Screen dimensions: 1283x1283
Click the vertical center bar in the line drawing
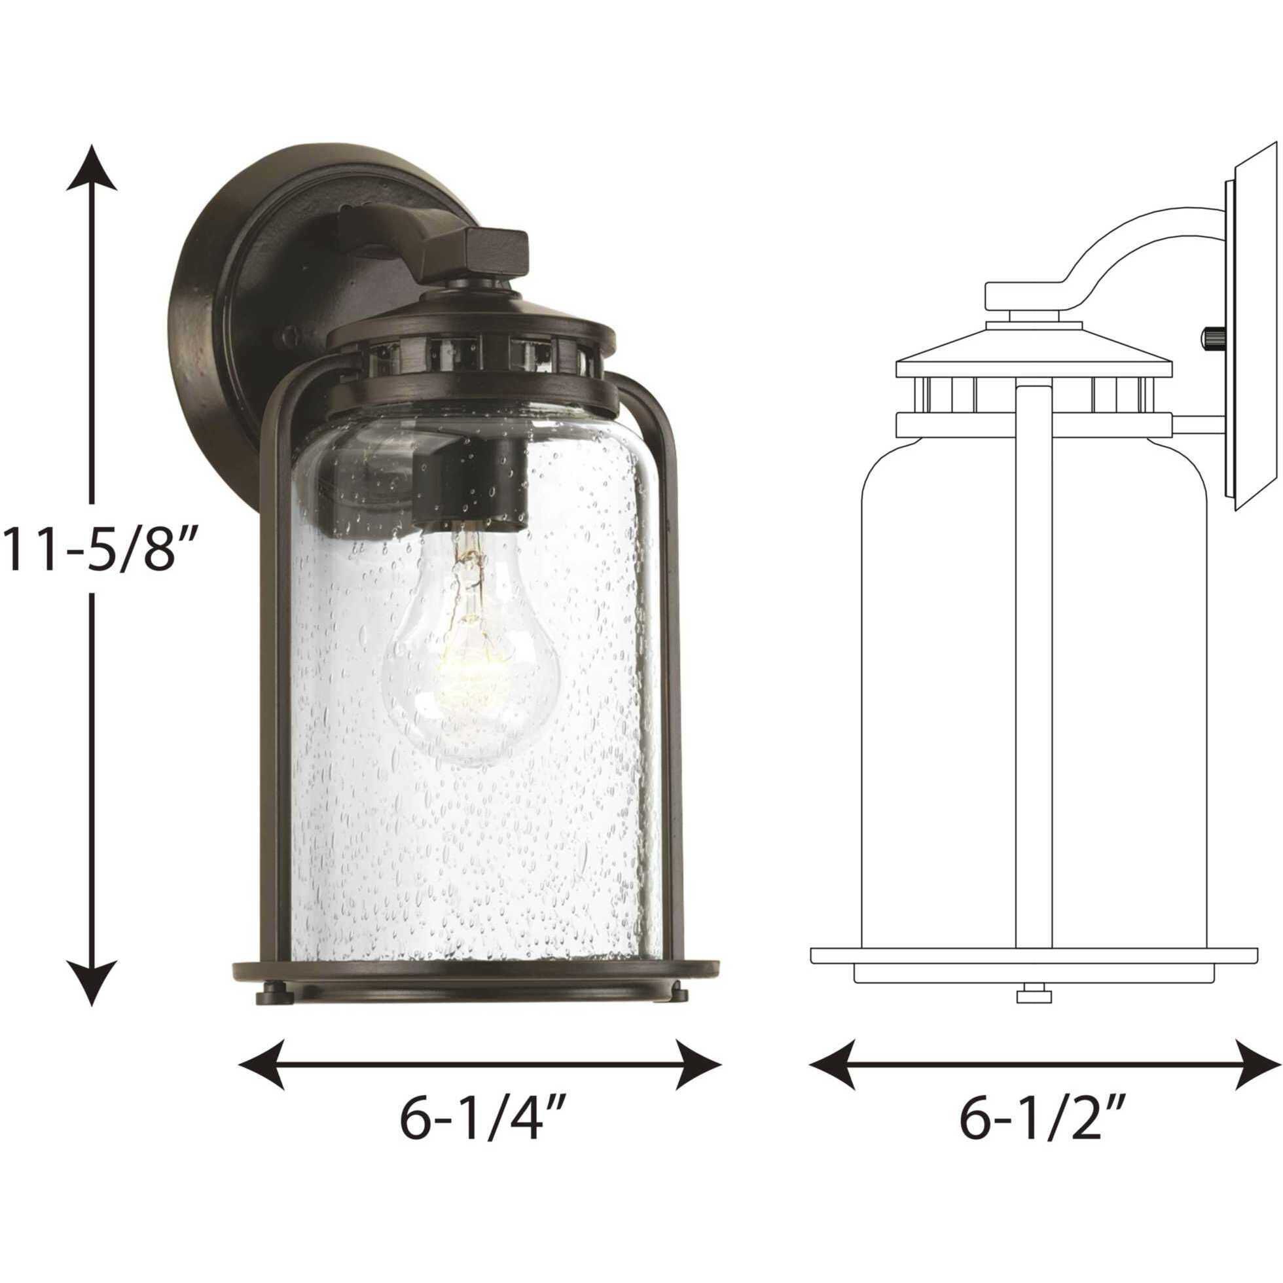pos(1034,664)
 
